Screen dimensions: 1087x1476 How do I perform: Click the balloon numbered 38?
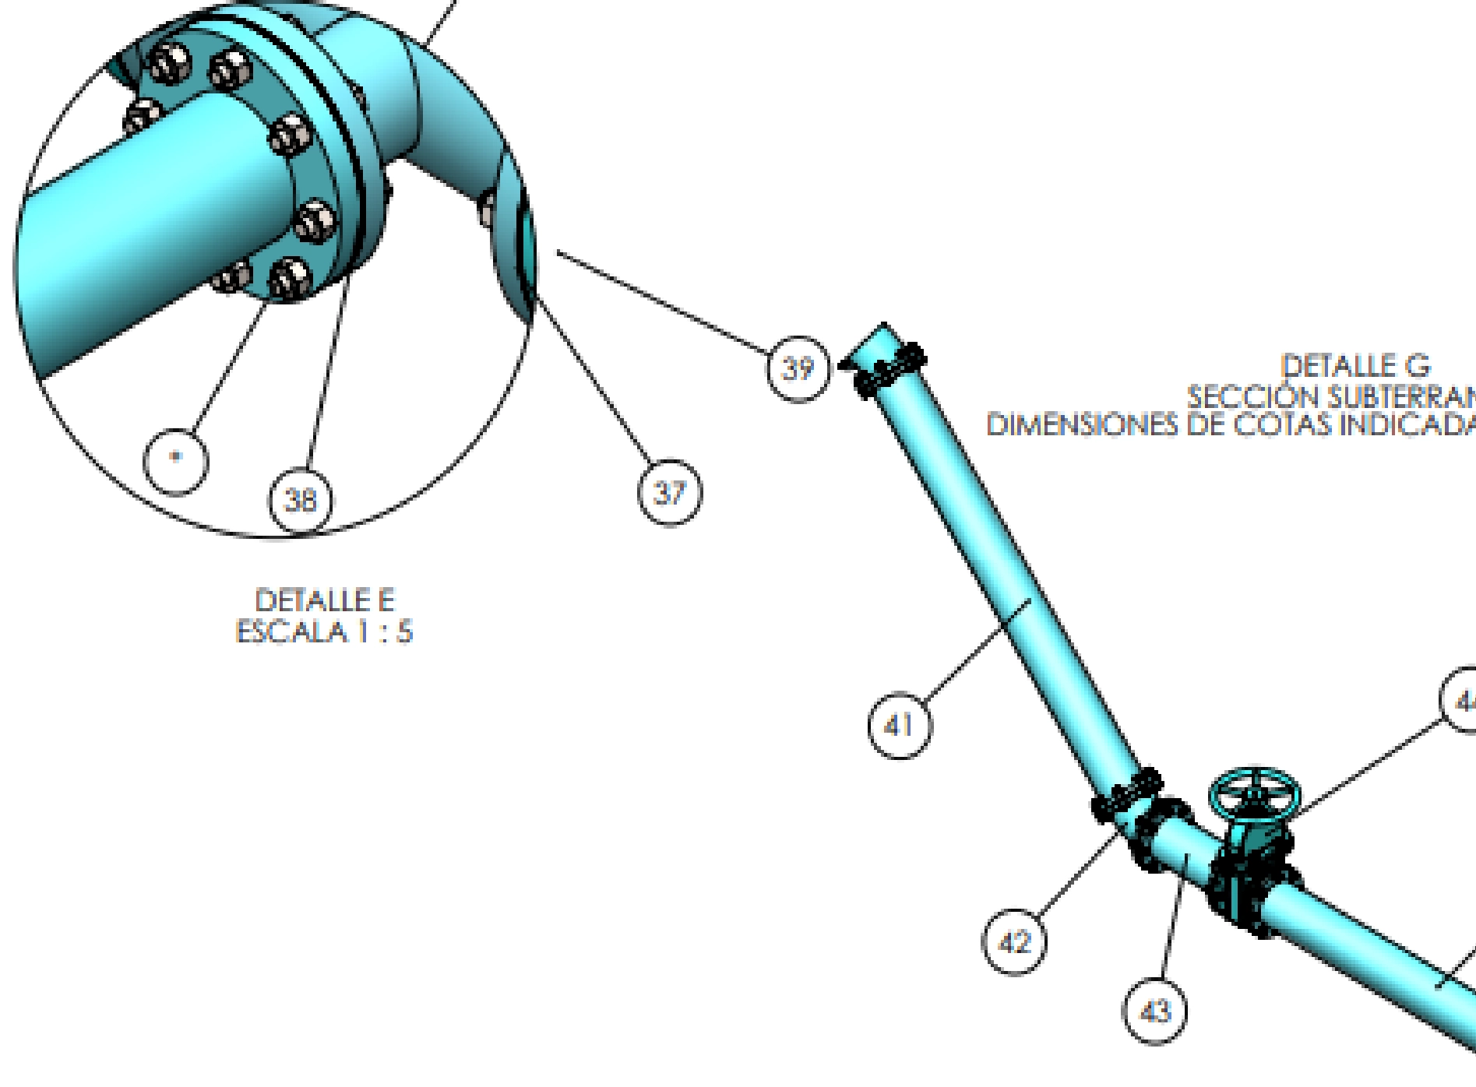click(x=301, y=499)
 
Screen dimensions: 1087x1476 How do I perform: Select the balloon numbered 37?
click(x=670, y=492)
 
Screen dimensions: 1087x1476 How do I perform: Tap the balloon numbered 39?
click(x=798, y=368)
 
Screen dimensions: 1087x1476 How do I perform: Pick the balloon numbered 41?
click(x=900, y=726)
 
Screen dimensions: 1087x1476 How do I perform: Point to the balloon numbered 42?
click(x=1014, y=942)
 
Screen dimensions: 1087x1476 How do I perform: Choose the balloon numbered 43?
click(x=1155, y=1011)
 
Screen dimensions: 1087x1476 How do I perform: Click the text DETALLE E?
click(x=325, y=600)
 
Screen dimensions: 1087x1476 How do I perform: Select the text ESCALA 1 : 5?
click(x=324, y=631)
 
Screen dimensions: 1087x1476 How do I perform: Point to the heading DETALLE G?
click(x=1356, y=366)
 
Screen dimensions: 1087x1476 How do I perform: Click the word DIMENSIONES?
click(x=1083, y=425)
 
